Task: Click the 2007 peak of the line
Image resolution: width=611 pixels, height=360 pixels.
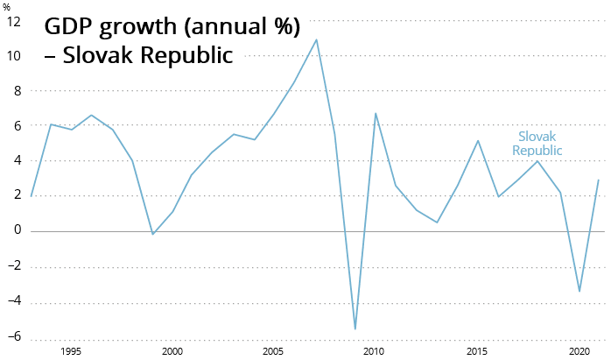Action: point(316,39)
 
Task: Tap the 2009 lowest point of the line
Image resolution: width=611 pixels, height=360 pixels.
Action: point(355,329)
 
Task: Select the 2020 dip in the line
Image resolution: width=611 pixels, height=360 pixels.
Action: point(579,292)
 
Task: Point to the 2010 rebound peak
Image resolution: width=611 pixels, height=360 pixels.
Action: point(376,114)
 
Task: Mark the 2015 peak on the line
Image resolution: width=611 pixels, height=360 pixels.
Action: point(478,140)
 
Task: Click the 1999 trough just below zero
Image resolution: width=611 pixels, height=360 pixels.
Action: point(152,234)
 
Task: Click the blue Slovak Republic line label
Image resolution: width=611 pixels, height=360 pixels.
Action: point(537,144)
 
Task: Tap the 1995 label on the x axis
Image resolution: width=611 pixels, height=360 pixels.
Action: point(71,351)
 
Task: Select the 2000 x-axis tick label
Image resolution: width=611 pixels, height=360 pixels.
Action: point(172,351)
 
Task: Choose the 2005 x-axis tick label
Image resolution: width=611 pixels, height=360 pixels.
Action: point(273,351)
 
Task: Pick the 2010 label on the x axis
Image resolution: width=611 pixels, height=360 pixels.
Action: point(374,351)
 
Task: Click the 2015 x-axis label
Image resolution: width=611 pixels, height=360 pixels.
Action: point(477,351)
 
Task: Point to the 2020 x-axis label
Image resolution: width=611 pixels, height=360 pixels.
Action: point(579,351)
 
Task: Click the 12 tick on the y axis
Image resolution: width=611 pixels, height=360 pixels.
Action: point(14,22)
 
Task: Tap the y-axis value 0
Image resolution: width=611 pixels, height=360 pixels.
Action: point(18,229)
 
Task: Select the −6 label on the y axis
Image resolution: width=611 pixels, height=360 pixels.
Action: point(14,336)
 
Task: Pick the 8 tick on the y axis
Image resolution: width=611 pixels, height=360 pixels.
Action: point(18,91)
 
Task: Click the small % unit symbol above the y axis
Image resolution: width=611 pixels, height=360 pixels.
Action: point(6,7)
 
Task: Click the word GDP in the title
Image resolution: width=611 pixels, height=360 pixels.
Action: point(71,26)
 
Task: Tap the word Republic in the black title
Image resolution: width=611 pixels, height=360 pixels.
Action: point(186,54)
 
